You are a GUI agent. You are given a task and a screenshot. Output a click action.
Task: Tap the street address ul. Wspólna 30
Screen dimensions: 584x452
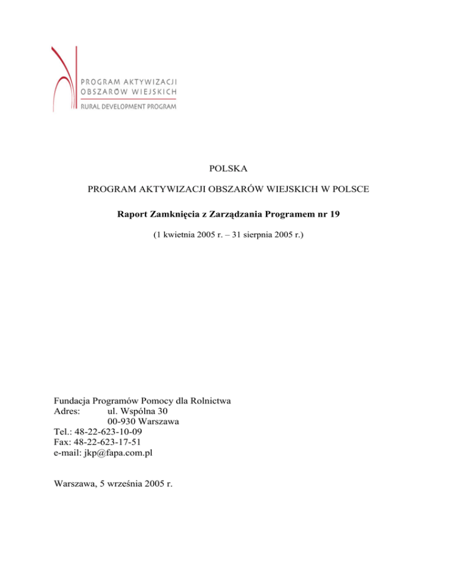140,411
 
